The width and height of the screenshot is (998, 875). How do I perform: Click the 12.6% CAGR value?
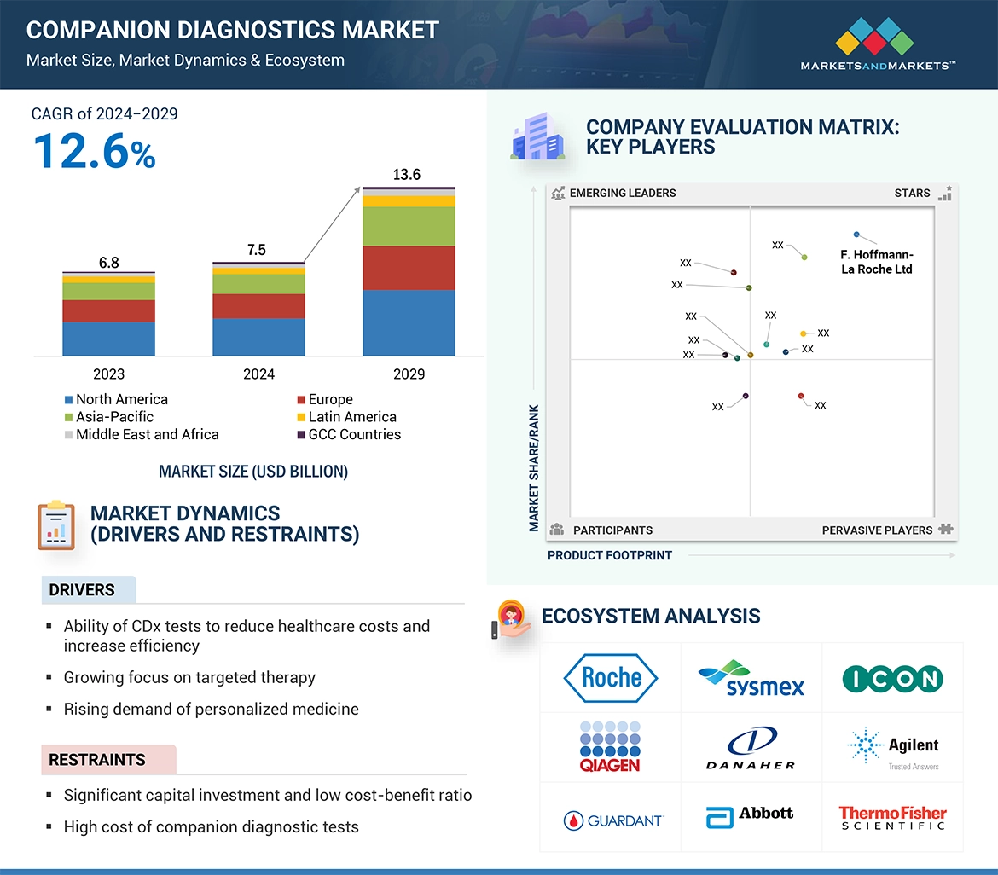94,152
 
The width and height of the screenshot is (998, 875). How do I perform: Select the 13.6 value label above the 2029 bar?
406,175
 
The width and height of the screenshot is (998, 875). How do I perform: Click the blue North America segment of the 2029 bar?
409,322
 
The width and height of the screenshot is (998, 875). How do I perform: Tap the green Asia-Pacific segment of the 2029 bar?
409,226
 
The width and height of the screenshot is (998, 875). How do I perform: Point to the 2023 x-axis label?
108,374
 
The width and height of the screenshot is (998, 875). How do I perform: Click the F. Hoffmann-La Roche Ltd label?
876,262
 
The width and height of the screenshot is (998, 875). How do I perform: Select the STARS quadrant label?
912,193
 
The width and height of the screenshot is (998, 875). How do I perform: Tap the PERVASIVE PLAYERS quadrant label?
877,530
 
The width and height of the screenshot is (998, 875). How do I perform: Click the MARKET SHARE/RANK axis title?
534,468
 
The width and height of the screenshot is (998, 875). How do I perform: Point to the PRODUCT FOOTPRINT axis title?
610,555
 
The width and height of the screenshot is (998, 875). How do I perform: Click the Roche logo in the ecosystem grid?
611,678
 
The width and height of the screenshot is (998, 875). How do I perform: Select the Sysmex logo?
751,678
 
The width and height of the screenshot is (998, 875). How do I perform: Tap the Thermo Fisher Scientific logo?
892,817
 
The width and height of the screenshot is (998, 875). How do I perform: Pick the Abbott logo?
751,816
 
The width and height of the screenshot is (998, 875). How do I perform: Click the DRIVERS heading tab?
82,590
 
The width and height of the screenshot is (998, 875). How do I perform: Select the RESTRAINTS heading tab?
97,759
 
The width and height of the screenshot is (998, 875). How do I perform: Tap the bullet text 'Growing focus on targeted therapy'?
189,678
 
